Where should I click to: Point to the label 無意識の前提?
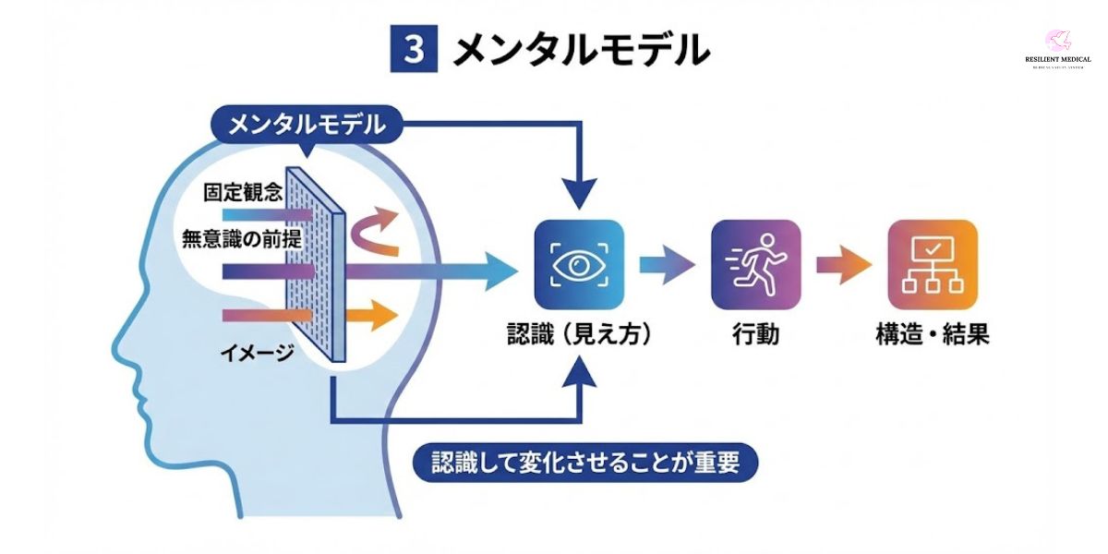click(242, 238)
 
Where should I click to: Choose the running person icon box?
click(755, 264)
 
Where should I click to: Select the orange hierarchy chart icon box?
click(932, 264)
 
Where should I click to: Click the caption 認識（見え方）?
click(579, 334)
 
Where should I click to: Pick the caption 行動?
click(755, 334)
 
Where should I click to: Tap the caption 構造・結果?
click(932, 334)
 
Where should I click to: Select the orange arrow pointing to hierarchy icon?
click(843, 265)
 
